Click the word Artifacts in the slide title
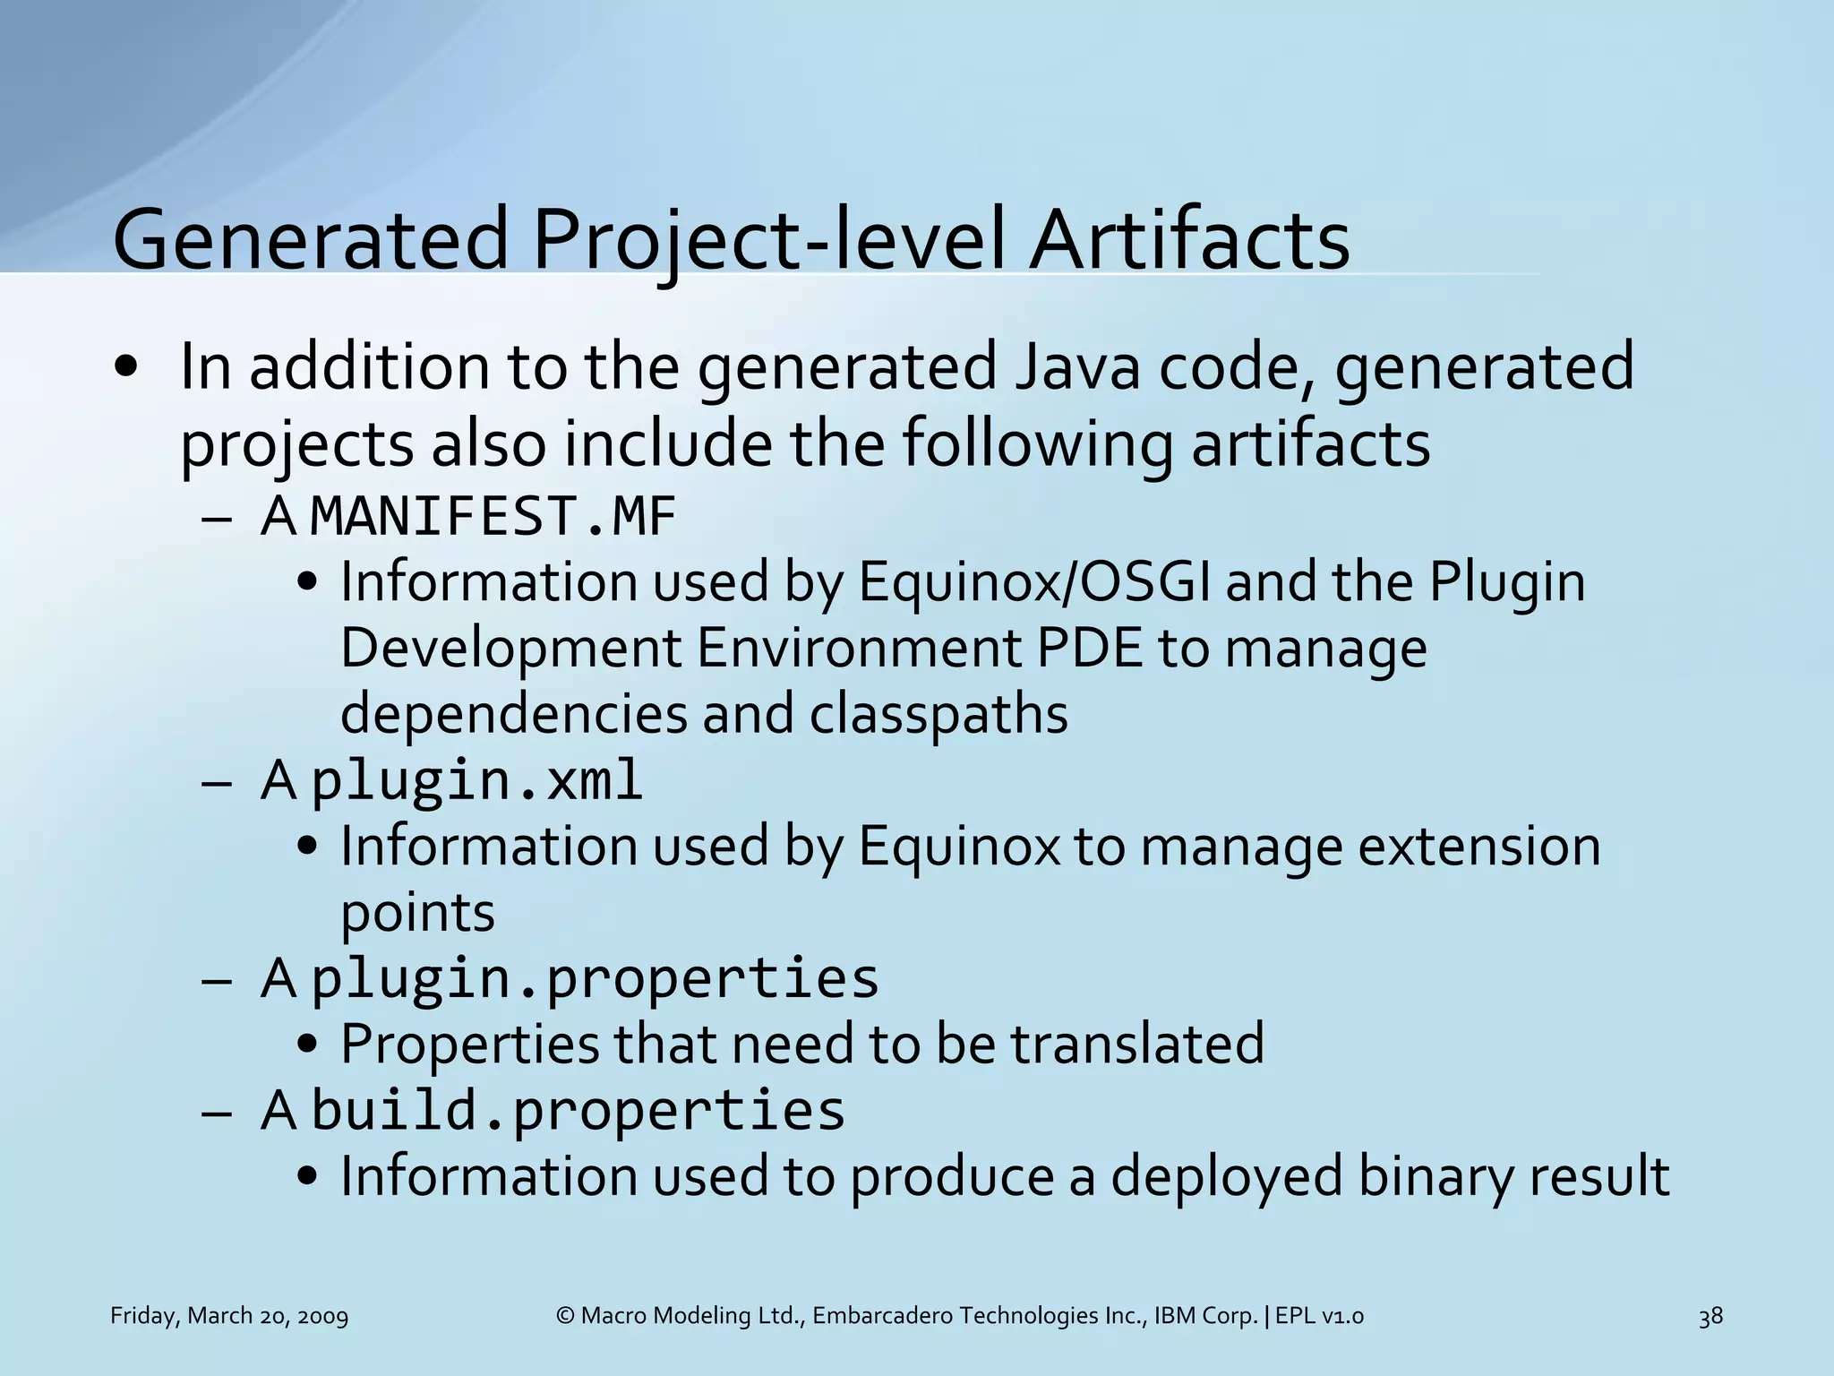click(1188, 240)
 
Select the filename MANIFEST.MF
click(492, 517)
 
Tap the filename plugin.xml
click(476, 779)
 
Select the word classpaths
click(938, 714)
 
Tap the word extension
click(1478, 846)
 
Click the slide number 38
click(1710, 1316)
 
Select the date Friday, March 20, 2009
click(229, 1316)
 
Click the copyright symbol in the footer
click(565, 1316)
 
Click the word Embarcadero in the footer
click(882, 1316)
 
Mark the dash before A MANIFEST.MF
click(217, 520)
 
